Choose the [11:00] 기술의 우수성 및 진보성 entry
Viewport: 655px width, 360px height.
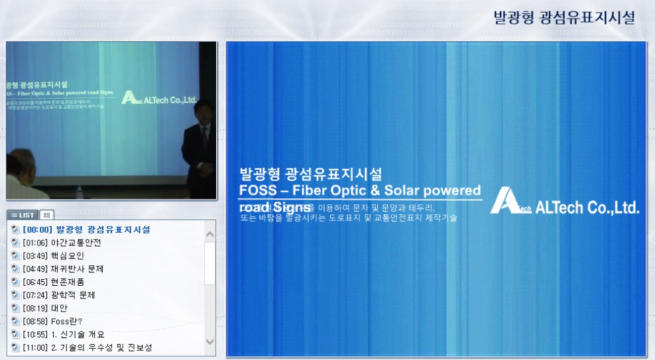pos(87,347)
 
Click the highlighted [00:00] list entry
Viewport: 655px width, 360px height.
pos(86,229)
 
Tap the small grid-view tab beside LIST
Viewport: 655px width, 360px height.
pos(46,215)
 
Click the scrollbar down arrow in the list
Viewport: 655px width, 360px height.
pos(210,341)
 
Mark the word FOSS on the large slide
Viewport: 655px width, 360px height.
pos(256,191)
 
